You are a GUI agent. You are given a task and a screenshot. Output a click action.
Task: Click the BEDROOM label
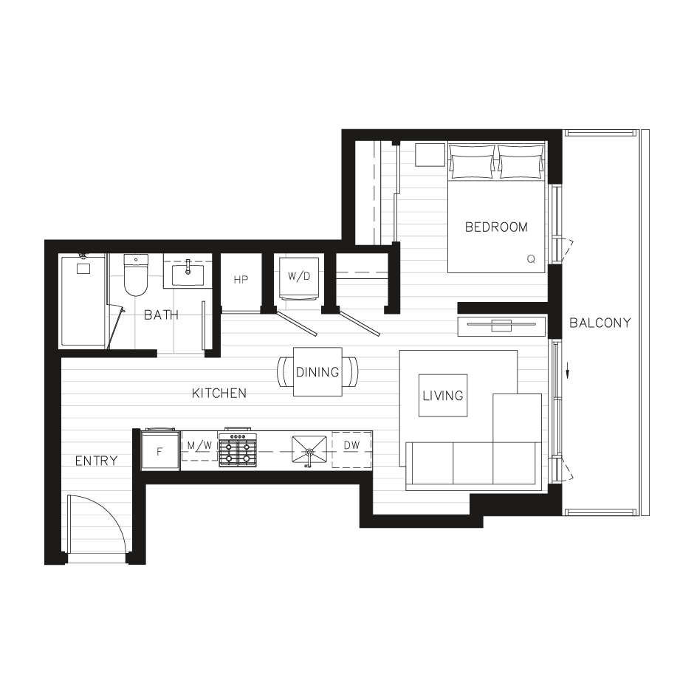pos(496,227)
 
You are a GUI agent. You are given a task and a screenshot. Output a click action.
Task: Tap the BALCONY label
pos(600,323)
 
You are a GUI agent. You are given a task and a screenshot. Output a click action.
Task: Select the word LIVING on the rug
pos(443,396)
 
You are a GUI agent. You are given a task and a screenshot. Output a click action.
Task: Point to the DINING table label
pos(317,372)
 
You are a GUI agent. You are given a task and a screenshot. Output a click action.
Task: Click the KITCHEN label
pos(219,394)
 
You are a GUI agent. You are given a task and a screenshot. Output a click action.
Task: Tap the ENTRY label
pos(96,461)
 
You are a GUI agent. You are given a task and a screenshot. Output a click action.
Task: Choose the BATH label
pos(161,315)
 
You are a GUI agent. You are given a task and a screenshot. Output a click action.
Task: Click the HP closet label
pos(240,280)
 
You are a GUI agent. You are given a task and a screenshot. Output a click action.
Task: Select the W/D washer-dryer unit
pos(299,278)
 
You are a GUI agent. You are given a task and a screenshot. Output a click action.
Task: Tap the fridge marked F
pos(160,450)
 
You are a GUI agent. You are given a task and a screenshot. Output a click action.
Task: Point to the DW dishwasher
pos(351,446)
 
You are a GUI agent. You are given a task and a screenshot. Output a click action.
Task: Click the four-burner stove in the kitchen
pos(238,450)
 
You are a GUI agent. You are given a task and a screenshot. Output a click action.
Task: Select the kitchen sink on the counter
pos(309,449)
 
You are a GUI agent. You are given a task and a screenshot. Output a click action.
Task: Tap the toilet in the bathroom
pos(136,277)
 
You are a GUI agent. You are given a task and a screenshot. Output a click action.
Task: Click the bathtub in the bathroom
pos(83,300)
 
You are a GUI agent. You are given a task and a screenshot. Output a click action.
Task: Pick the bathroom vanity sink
pos(188,274)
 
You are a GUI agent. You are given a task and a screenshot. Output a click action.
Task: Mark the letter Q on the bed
pos(531,259)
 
